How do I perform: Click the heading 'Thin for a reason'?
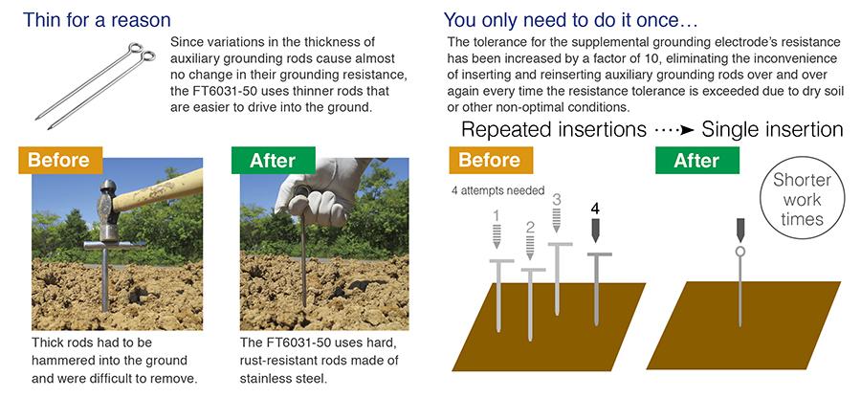(x=97, y=20)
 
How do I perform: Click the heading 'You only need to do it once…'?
(x=570, y=20)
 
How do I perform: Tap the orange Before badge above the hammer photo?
(x=60, y=160)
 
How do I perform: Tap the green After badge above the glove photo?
(x=274, y=160)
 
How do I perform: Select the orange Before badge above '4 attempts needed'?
(x=491, y=160)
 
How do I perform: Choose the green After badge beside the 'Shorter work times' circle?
(x=697, y=160)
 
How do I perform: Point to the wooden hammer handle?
(x=158, y=190)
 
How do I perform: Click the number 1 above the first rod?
(x=497, y=216)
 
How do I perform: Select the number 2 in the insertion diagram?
(x=530, y=228)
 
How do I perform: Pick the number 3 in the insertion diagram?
(x=557, y=199)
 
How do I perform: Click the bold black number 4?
(x=596, y=209)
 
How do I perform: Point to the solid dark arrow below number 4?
(x=596, y=232)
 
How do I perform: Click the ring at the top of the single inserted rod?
(x=740, y=252)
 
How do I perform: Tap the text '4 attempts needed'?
(x=498, y=191)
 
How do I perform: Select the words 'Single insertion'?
(x=772, y=129)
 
